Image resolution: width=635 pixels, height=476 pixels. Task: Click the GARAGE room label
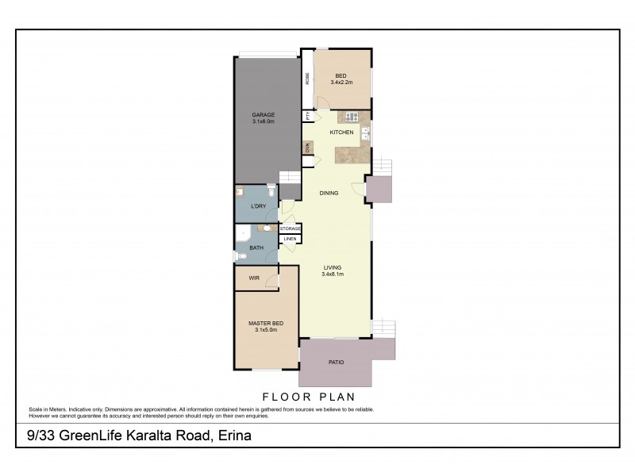click(264, 115)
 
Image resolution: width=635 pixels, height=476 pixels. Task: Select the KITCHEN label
click(342, 132)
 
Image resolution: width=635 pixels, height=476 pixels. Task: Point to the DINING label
click(329, 193)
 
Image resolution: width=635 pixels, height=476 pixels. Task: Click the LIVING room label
click(333, 268)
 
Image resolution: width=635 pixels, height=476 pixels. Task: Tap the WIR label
click(254, 278)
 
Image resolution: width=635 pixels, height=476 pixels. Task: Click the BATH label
click(256, 248)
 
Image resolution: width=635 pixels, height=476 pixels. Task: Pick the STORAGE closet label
click(290, 228)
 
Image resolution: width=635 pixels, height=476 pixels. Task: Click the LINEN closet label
click(290, 238)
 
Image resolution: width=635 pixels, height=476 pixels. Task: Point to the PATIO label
click(337, 363)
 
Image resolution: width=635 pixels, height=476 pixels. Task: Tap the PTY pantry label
click(306, 116)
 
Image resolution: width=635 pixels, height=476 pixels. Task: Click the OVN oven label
click(306, 148)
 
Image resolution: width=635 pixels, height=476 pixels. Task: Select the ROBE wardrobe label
click(307, 79)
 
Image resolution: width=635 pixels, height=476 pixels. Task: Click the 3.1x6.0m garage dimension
click(264, 121)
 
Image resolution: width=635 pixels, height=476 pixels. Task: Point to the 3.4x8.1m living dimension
click(333, 274)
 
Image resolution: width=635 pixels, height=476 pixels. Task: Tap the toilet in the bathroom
click(239, 255)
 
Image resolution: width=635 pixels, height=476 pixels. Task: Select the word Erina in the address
click(235, 436)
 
